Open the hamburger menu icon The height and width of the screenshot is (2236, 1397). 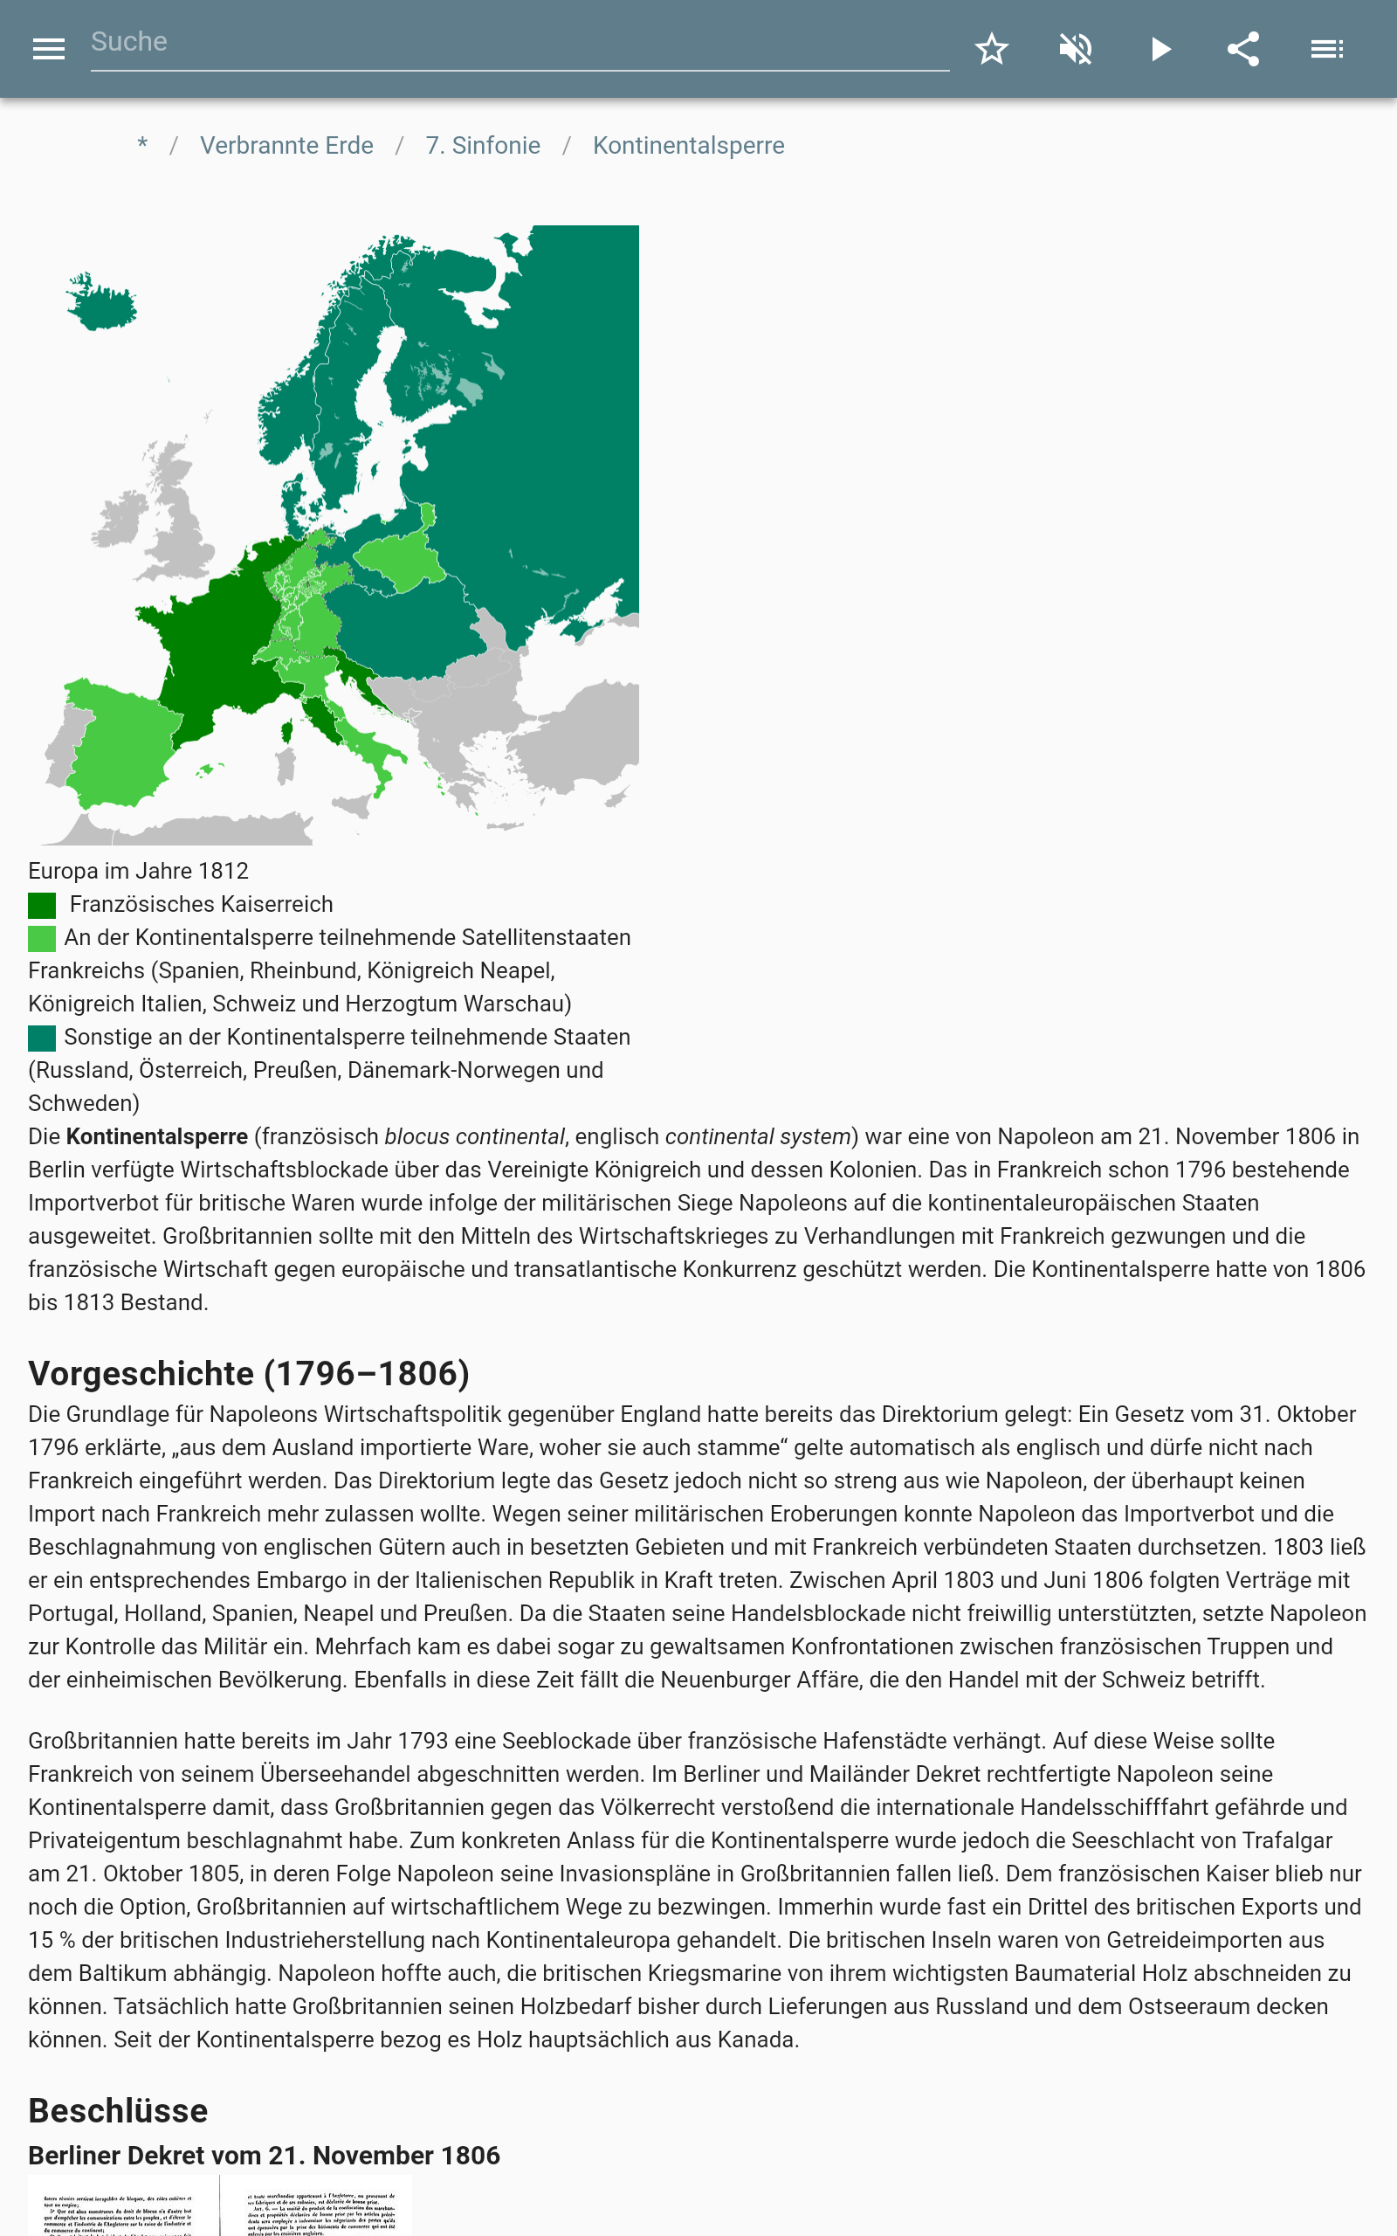(48, 49)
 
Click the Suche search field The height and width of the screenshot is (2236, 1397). (518, 43)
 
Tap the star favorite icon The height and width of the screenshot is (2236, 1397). (991, 49)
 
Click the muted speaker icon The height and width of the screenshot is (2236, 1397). (1076, 49)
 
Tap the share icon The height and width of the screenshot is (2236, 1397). (1242, 49)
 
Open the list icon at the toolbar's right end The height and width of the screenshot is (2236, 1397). (1327, 49)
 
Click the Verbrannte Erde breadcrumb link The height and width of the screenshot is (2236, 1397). (286, 146)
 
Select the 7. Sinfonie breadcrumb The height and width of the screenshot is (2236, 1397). (482, 146)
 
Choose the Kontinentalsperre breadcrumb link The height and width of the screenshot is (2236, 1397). (688, 146)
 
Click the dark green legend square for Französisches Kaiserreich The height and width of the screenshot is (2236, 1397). (42, 906)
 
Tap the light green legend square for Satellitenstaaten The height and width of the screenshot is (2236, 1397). (42, 939)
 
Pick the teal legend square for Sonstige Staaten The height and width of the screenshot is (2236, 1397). (42, 1039)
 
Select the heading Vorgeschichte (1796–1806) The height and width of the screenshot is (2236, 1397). (249, 1374)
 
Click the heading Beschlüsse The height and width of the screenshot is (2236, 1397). (118, 2111)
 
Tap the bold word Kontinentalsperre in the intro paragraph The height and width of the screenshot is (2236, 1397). (157, 1136)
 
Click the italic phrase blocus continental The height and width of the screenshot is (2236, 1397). (474, 1136)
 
